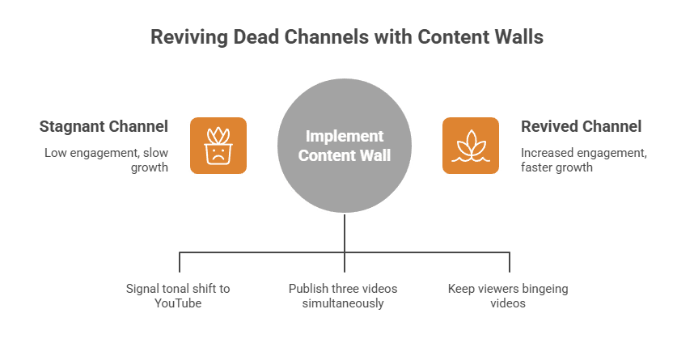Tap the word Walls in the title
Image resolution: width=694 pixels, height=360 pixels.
tap(518, 37)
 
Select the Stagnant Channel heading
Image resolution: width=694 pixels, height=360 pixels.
tap(104, 127)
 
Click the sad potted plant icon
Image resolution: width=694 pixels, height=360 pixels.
tap(218, 146)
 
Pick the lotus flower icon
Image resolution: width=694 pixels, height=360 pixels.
tap(470, 146)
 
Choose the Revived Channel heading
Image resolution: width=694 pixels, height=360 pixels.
tap(581, 127)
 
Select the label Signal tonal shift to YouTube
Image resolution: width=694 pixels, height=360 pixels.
tap(178, 295)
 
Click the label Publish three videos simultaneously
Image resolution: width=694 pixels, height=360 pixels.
tap(343, 295)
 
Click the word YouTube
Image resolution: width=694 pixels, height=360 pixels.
tap(178, 303)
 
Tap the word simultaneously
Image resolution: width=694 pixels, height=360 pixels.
tap(343, 303)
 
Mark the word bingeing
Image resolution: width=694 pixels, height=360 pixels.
tap(541, 288)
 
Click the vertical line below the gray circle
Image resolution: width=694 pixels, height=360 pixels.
tap(345, 235)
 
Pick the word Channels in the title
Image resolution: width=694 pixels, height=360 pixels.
tap(314, 37)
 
